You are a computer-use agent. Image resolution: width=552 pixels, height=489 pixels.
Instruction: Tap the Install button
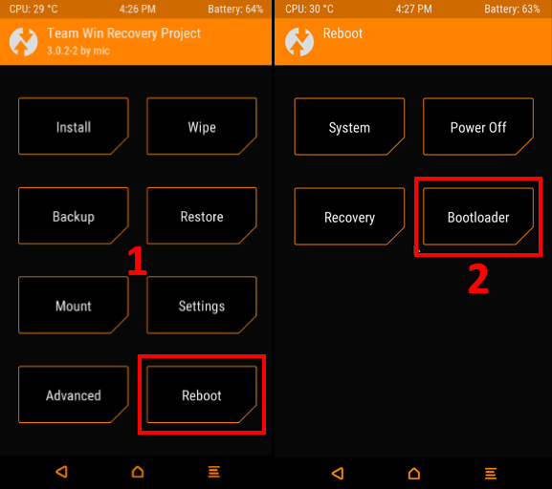click(x=74, y=126)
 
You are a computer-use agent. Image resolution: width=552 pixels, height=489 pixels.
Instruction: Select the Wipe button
click(x=202, y=126)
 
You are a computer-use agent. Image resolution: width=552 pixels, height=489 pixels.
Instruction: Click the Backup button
click(x=74, y=216)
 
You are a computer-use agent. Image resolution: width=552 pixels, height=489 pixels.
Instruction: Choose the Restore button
click(x=202, y=216)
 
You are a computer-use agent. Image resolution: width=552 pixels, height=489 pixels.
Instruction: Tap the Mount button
click(x=74, y=305)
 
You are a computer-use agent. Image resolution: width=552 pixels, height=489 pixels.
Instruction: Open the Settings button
click(x=202, y=305)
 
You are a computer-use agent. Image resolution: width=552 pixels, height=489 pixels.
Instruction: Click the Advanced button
click(x=74, y=394)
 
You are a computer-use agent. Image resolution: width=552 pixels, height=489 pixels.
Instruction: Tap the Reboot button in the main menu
click(x=202, y=394)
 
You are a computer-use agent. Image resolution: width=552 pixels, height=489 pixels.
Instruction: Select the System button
click(x=349, y=127)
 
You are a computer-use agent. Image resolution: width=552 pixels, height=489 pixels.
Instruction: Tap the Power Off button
click(x=478, y=127)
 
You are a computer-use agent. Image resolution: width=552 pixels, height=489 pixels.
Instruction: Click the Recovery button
click(x=349, y=217)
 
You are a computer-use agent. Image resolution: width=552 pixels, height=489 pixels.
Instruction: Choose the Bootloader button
click(x=478, y=217)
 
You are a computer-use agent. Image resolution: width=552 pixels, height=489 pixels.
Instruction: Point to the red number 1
click(x=137, y=261)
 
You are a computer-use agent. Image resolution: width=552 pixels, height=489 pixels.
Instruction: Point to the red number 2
click(x=478, y=279)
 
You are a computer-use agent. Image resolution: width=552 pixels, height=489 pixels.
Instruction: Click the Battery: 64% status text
click(x=235, y=9)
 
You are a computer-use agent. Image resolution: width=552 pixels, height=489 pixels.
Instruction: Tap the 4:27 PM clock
click(x=413, y=9)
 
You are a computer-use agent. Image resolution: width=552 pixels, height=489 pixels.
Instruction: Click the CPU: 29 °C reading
click(x=33, y=9)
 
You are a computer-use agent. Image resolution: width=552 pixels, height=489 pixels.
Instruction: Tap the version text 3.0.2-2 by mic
click(x=78, y=51)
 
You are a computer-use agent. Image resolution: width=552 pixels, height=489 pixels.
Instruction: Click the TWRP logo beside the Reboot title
click(x=299, y=42)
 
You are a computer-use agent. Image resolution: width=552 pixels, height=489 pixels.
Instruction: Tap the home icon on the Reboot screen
click(x=414, y=473)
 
